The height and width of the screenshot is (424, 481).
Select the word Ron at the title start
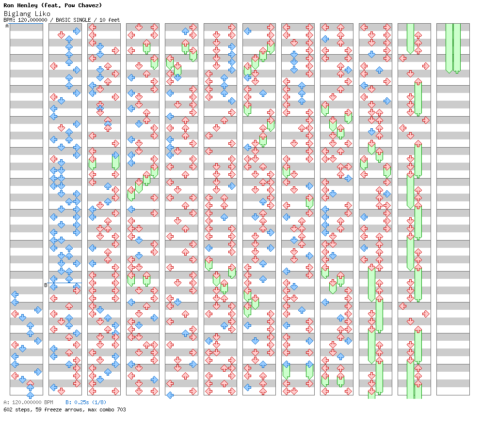(x=9, y=5)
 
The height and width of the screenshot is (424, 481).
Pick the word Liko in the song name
(x=43, y=14)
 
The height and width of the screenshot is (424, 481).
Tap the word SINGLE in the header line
(x=82, y=20)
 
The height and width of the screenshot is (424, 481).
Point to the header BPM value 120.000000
(x=32, y=20)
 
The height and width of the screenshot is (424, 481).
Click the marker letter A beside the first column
(x=7, y=26)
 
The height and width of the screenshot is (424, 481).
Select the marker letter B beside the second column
(x=46, y=285)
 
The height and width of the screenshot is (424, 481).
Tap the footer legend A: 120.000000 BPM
(x=28, y=402)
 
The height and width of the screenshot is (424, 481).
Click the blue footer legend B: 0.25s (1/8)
(x=86, y=402)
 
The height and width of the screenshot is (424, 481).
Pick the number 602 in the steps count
(x=8, y=409)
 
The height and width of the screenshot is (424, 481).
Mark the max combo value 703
(x=122, y=409)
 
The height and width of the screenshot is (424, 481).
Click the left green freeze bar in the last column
(x=449, y=48)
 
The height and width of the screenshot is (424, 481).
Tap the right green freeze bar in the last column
(x=457, y=48)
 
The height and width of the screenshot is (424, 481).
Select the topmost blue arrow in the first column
(x=15, y=294)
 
